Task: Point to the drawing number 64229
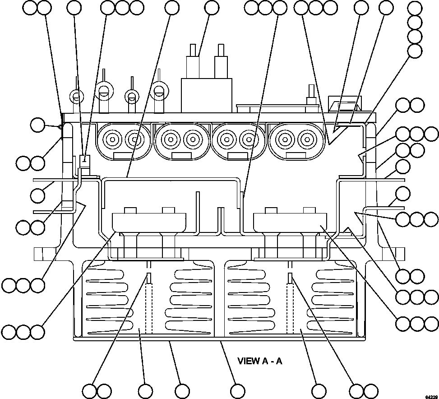pyautogui.click(x=431, y=396)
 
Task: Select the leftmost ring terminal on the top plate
pyautogui.click(x=76, y=96)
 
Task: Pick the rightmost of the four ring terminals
pyautogui.click(x=158, y=90)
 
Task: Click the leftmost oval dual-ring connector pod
pyautogui.click(x=123, y=140)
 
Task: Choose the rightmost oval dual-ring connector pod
pyautogui.click(x=296, y=140)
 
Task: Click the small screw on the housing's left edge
pyautogui.click(x=60, y=127)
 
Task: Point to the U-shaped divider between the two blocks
pyautogui.click(x=220, y=221)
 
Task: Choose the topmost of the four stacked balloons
pyautogui.click(x=415, y=8)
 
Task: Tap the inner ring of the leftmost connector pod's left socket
pyautogui.click(x=111, y=139)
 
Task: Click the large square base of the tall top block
pyautogui.click(x=206, y=95)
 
